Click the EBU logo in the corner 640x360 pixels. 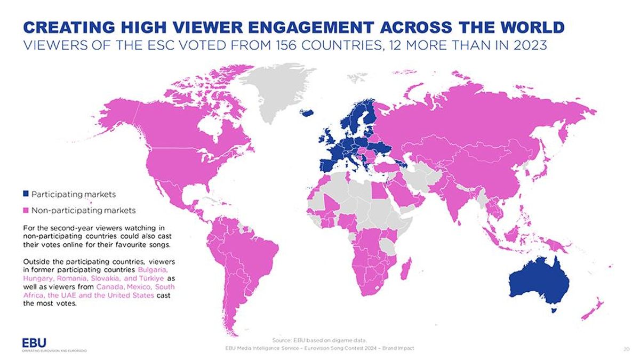pos(34,342)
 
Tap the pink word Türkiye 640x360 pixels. pos(153,278)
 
